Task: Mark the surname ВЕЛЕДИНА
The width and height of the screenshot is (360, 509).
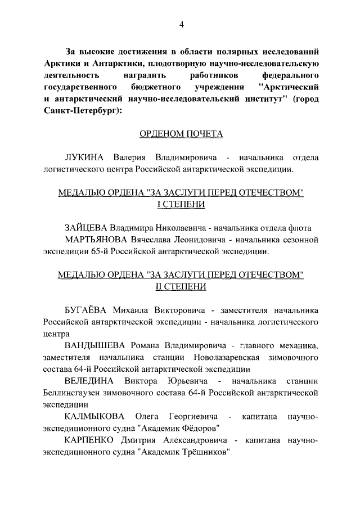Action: click(x=88, y=381)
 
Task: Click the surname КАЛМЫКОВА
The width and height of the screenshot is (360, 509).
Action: click(x=94, y=417)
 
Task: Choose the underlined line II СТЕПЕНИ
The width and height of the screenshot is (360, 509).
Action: click(x=181, y=286)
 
